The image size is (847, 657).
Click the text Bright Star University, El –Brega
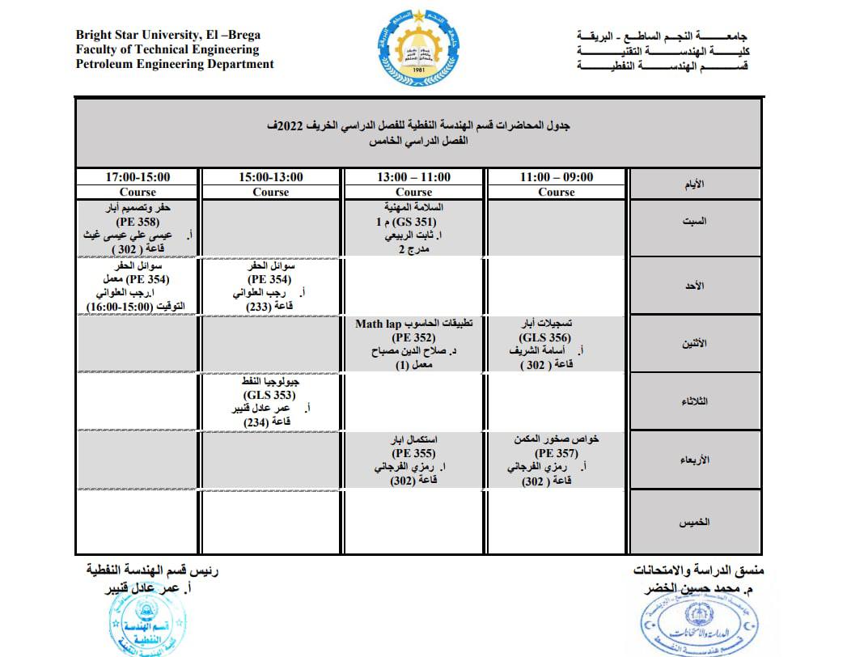pyautogui.click(x=167, y=36)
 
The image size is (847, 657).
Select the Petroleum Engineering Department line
pyautogui.click(x=175, y=65)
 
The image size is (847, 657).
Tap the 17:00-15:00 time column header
pyautogui.click(x=138, y=177)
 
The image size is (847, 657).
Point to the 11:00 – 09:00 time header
pyautogui.click(x=557, y=177)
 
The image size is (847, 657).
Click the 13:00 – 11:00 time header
pyautogui.click(x=414, y=177)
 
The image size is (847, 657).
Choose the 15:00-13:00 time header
pyautogui.click(x=271, y=177)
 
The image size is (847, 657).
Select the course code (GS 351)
pyautogui.click(x=414, y=221)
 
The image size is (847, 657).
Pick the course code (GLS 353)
pyautogui.click(x=271, y=395)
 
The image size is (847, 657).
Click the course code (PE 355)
pyautogui.click(x=414, y=454)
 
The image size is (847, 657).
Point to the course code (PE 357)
pyautogui.click(x=557, y=454)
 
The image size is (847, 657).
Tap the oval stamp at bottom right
pyautogui.click(x=695, y=627)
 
